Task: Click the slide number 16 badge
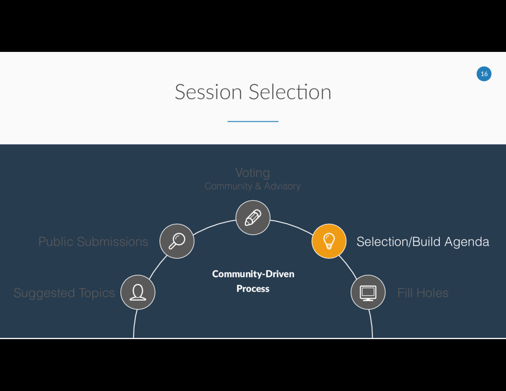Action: [484, 74]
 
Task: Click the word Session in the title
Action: [208, 92]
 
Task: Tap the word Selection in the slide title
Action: [290, 92]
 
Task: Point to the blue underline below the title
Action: [253, 121]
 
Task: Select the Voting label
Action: [253, 173]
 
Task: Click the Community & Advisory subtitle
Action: [253, 186]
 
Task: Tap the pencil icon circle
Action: [253, 217]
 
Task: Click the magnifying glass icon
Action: [177, 241]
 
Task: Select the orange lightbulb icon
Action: [328, 241]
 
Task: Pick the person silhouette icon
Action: [138, 292]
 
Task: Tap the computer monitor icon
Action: [368, 292]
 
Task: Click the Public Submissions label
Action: [93, 242]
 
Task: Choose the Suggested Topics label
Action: [64, 293]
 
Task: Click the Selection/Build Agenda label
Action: [422, 242]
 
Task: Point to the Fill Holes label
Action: [422, 293]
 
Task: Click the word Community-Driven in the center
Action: [253, 274]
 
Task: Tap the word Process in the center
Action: [253, 289]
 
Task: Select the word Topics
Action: [96, 294]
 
